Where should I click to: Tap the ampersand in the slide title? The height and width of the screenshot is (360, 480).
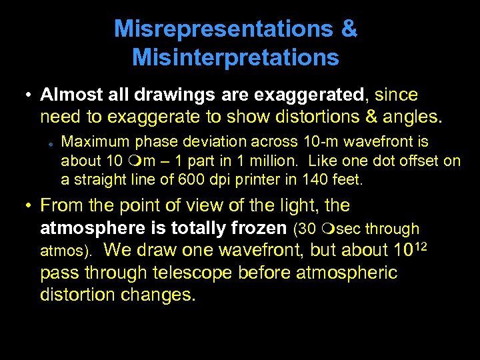tap(350, 29)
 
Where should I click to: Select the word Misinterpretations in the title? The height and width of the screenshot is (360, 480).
tap(236, 58)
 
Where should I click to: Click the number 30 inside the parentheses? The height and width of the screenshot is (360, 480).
tap(308, 229)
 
